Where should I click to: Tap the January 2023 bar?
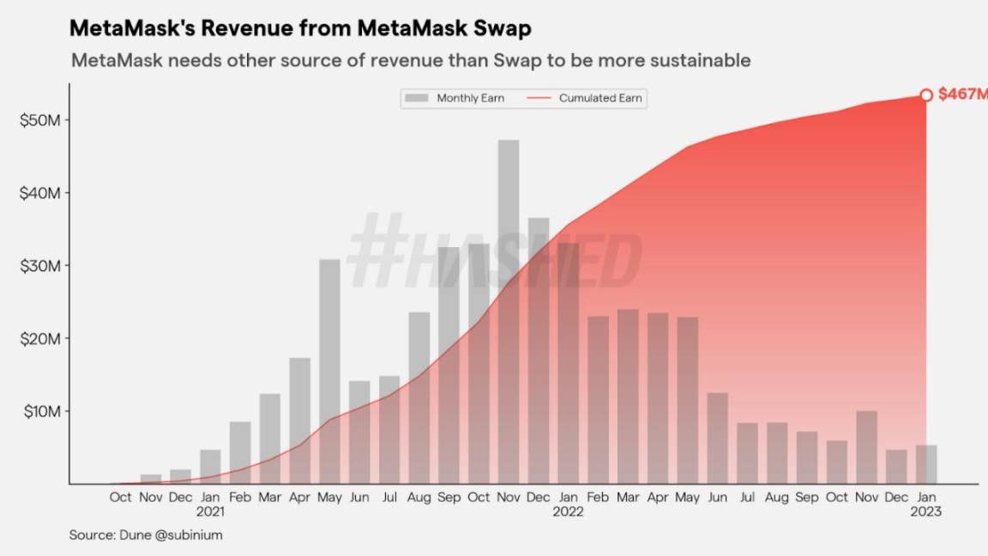926,464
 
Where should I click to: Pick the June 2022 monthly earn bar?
717,438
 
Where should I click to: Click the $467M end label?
962,94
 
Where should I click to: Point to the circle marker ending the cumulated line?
926,95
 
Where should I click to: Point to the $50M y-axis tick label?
39,119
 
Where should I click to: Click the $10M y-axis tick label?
39,411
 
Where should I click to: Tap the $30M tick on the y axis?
39,266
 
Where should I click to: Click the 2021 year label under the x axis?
210,512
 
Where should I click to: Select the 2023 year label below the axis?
926,512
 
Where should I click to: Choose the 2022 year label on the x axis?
568,512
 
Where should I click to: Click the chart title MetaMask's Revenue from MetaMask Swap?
300,28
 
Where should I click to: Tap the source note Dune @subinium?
147,535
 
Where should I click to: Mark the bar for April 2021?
299,420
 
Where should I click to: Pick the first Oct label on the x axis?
121,497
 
